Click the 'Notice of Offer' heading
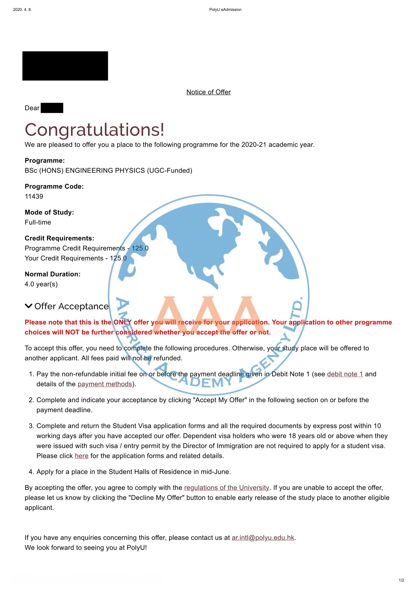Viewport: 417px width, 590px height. click(x=208, y=92)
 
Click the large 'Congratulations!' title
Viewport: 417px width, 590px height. click(x=94, y=129)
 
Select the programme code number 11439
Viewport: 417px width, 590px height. click(x=34, y=196)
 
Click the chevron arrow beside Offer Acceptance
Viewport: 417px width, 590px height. click(x=28, y=306)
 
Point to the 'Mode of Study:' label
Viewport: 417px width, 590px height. click(x=49, y=212)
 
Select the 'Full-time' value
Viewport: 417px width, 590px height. click(x=38, y=222)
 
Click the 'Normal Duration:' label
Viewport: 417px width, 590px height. click(x=53, y=274)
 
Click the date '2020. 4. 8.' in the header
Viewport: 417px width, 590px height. click(x=22, y=10)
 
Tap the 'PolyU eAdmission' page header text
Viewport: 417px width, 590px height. click(x=225, y=10)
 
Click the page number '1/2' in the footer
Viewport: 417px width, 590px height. click(x=401, y=580)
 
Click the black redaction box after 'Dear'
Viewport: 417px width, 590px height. click(x=52, y=108)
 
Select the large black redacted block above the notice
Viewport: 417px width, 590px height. click(x=65, y=66)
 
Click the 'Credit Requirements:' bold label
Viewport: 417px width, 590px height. click(x=59, y=238)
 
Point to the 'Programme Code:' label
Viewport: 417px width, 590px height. click(x=54, y=186)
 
